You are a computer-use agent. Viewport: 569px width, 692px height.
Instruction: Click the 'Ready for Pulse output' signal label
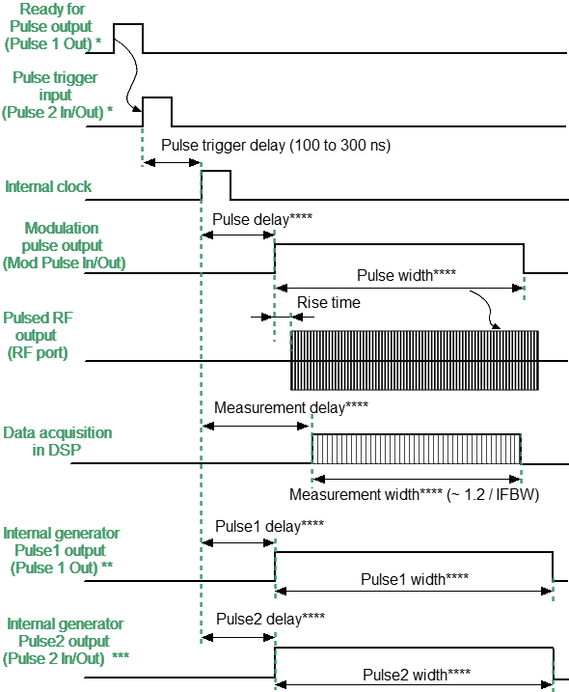56,27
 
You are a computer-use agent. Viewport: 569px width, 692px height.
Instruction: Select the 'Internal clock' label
49,186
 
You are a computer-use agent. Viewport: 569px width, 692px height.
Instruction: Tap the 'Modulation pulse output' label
63,245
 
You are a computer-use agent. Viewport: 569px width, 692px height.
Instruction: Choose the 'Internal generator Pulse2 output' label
61,641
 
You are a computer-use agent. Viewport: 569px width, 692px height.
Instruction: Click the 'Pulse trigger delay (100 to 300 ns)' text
275,146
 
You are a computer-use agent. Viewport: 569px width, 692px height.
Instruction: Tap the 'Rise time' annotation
329,303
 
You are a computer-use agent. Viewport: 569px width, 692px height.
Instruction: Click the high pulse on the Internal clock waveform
216,183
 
